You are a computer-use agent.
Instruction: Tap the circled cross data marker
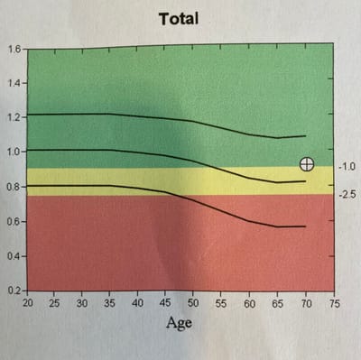click(307, 163)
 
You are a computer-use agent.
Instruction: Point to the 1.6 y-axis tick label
click(14, 49)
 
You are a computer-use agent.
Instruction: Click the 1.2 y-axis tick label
click(14, 116)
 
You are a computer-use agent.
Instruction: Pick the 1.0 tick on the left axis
click(14, 151)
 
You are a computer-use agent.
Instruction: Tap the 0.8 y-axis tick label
click(14, 187)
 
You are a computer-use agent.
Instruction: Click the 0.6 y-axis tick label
click(14, 222)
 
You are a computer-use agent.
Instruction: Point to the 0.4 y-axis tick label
click(14, 257)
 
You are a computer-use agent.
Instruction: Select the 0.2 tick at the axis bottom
click(14, 291)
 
